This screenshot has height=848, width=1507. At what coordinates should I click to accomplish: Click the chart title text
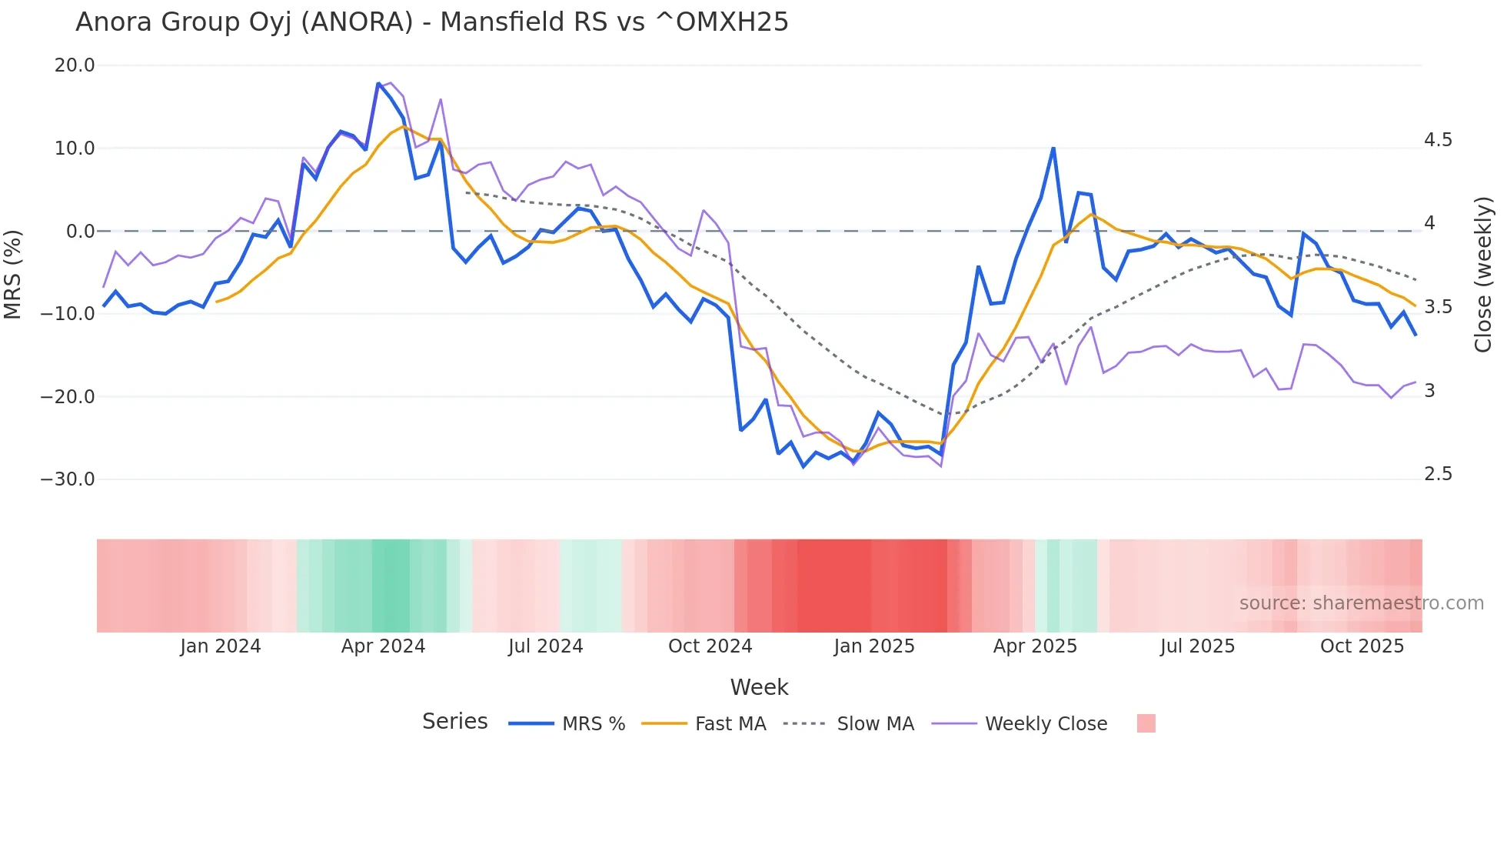(432, 22)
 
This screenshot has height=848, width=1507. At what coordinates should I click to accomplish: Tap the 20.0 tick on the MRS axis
(75, 65)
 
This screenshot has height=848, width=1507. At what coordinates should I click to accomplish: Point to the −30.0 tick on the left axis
(68, 479)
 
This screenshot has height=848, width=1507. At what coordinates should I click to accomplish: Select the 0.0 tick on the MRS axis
(80, 231)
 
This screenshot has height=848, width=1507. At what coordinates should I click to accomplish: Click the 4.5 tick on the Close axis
(1438, 140)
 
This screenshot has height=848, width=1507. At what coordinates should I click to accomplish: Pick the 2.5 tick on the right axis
(1438, 474)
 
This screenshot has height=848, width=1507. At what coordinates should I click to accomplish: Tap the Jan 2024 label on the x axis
(221, 646)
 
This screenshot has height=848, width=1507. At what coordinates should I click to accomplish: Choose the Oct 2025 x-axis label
(1362, 646)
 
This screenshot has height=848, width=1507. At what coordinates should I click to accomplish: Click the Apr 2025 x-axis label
(1035, 646)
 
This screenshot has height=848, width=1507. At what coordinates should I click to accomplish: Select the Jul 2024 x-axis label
(546, 646)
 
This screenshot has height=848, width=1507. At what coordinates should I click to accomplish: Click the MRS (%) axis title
(13, 274)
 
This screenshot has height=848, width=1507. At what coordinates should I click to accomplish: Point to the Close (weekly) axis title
(1483, 275)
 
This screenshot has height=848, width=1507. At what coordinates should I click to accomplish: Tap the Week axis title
(759, 687)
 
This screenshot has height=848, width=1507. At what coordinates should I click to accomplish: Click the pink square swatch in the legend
(1146, 723)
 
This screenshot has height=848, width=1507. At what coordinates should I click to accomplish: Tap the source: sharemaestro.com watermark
(1361, 603)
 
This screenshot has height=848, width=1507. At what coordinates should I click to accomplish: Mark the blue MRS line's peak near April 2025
(1053, 148)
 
